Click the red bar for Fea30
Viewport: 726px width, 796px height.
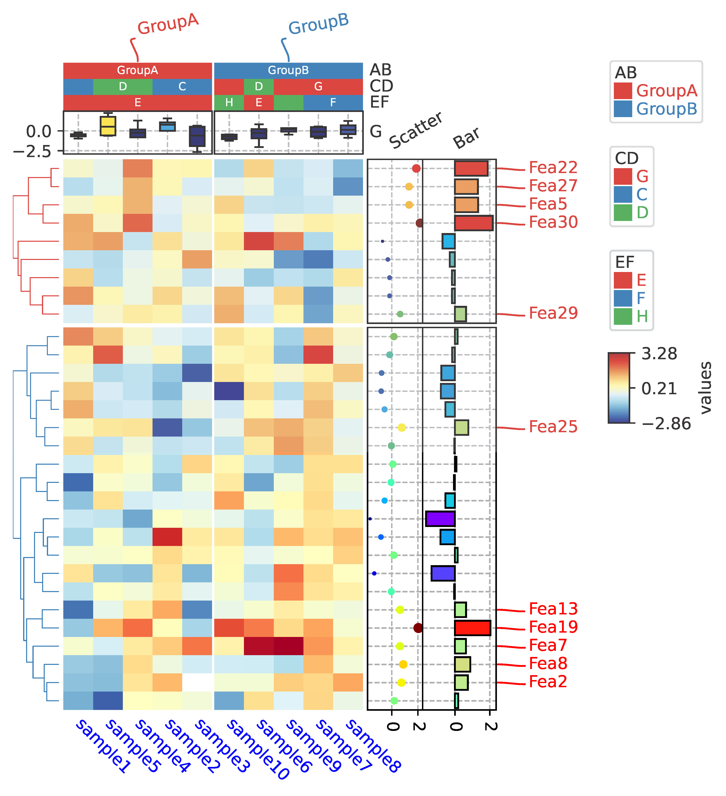click(473, 223)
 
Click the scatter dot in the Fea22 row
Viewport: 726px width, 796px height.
click(416, 169)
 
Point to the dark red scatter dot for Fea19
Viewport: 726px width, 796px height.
click(418, 628)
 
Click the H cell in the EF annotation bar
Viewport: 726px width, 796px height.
click(229, 103)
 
